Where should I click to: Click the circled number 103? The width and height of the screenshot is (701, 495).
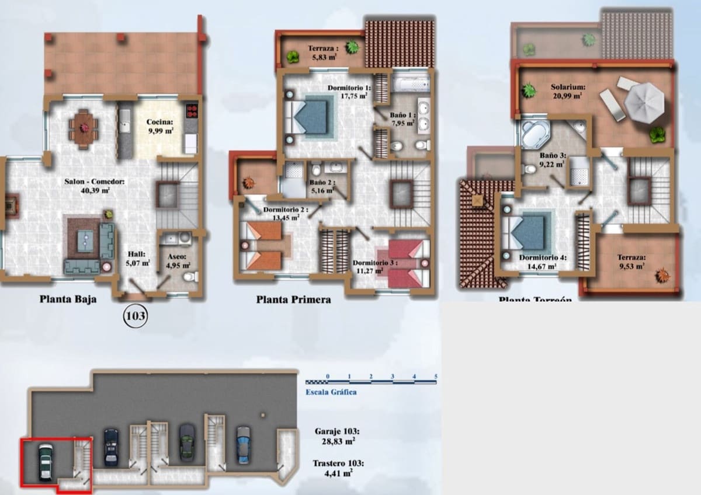click(136, 316)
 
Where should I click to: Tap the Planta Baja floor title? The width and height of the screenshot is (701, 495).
click(68, 299)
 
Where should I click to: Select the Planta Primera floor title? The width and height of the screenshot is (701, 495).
click(293, 299)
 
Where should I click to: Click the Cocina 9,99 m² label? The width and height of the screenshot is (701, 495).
click(160, 127)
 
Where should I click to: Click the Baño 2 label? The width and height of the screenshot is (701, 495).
click(322, 186)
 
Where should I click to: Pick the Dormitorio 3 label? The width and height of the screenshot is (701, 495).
click(374, 266)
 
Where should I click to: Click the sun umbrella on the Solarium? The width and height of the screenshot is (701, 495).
click(644, 102)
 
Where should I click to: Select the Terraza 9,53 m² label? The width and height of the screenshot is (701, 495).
click(630, 261)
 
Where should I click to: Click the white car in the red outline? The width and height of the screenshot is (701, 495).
click(46, 462)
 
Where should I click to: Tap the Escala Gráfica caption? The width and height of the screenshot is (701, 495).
click(331, 392)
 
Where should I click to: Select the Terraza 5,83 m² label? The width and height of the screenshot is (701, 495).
click(322, 52)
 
